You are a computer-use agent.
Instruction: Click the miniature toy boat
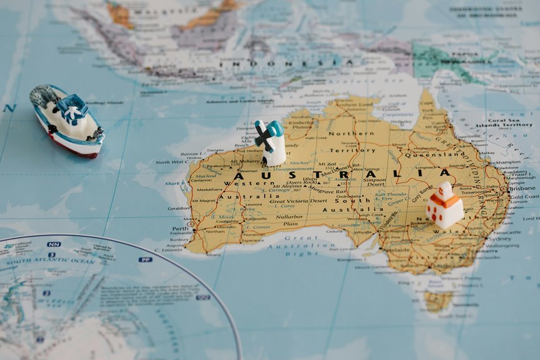(x=66, y=120)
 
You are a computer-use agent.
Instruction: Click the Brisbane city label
(x=522, y=188)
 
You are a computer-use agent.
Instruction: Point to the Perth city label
(x=180, y=229)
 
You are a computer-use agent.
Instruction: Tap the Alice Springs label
(x=366, y=169)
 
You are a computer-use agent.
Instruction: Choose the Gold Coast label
(x=524, y=197)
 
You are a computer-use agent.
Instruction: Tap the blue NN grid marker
(x=54, y=244)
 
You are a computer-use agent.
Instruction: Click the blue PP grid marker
(x=145, y=259)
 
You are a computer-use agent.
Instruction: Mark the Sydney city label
(x=499, y=239)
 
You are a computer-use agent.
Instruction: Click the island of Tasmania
(x=438, y=301)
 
